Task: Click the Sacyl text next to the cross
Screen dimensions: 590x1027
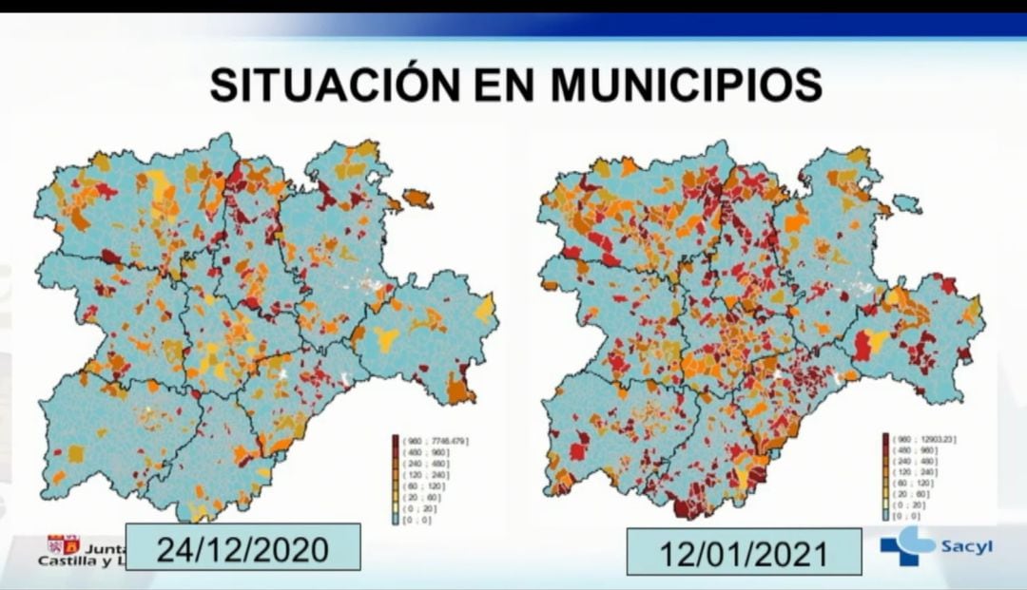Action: (x=966, y=547)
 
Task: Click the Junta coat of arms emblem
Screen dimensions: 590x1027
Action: (x=65, y=545)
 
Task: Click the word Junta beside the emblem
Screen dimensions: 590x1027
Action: (x=103, y=547)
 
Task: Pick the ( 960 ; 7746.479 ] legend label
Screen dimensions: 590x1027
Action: (x=436, y=441)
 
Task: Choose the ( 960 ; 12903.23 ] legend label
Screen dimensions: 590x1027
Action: (x=924, y=439)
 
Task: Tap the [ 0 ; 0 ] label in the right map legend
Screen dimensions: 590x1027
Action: (x=904, y=514)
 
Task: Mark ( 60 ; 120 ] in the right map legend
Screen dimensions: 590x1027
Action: (x=909, y=483)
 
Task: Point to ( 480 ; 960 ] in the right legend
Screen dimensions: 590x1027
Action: (x=910, y=450)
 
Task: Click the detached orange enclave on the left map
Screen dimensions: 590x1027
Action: (x=417, y=200)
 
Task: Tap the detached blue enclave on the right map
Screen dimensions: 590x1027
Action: (x=907, y=204)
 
